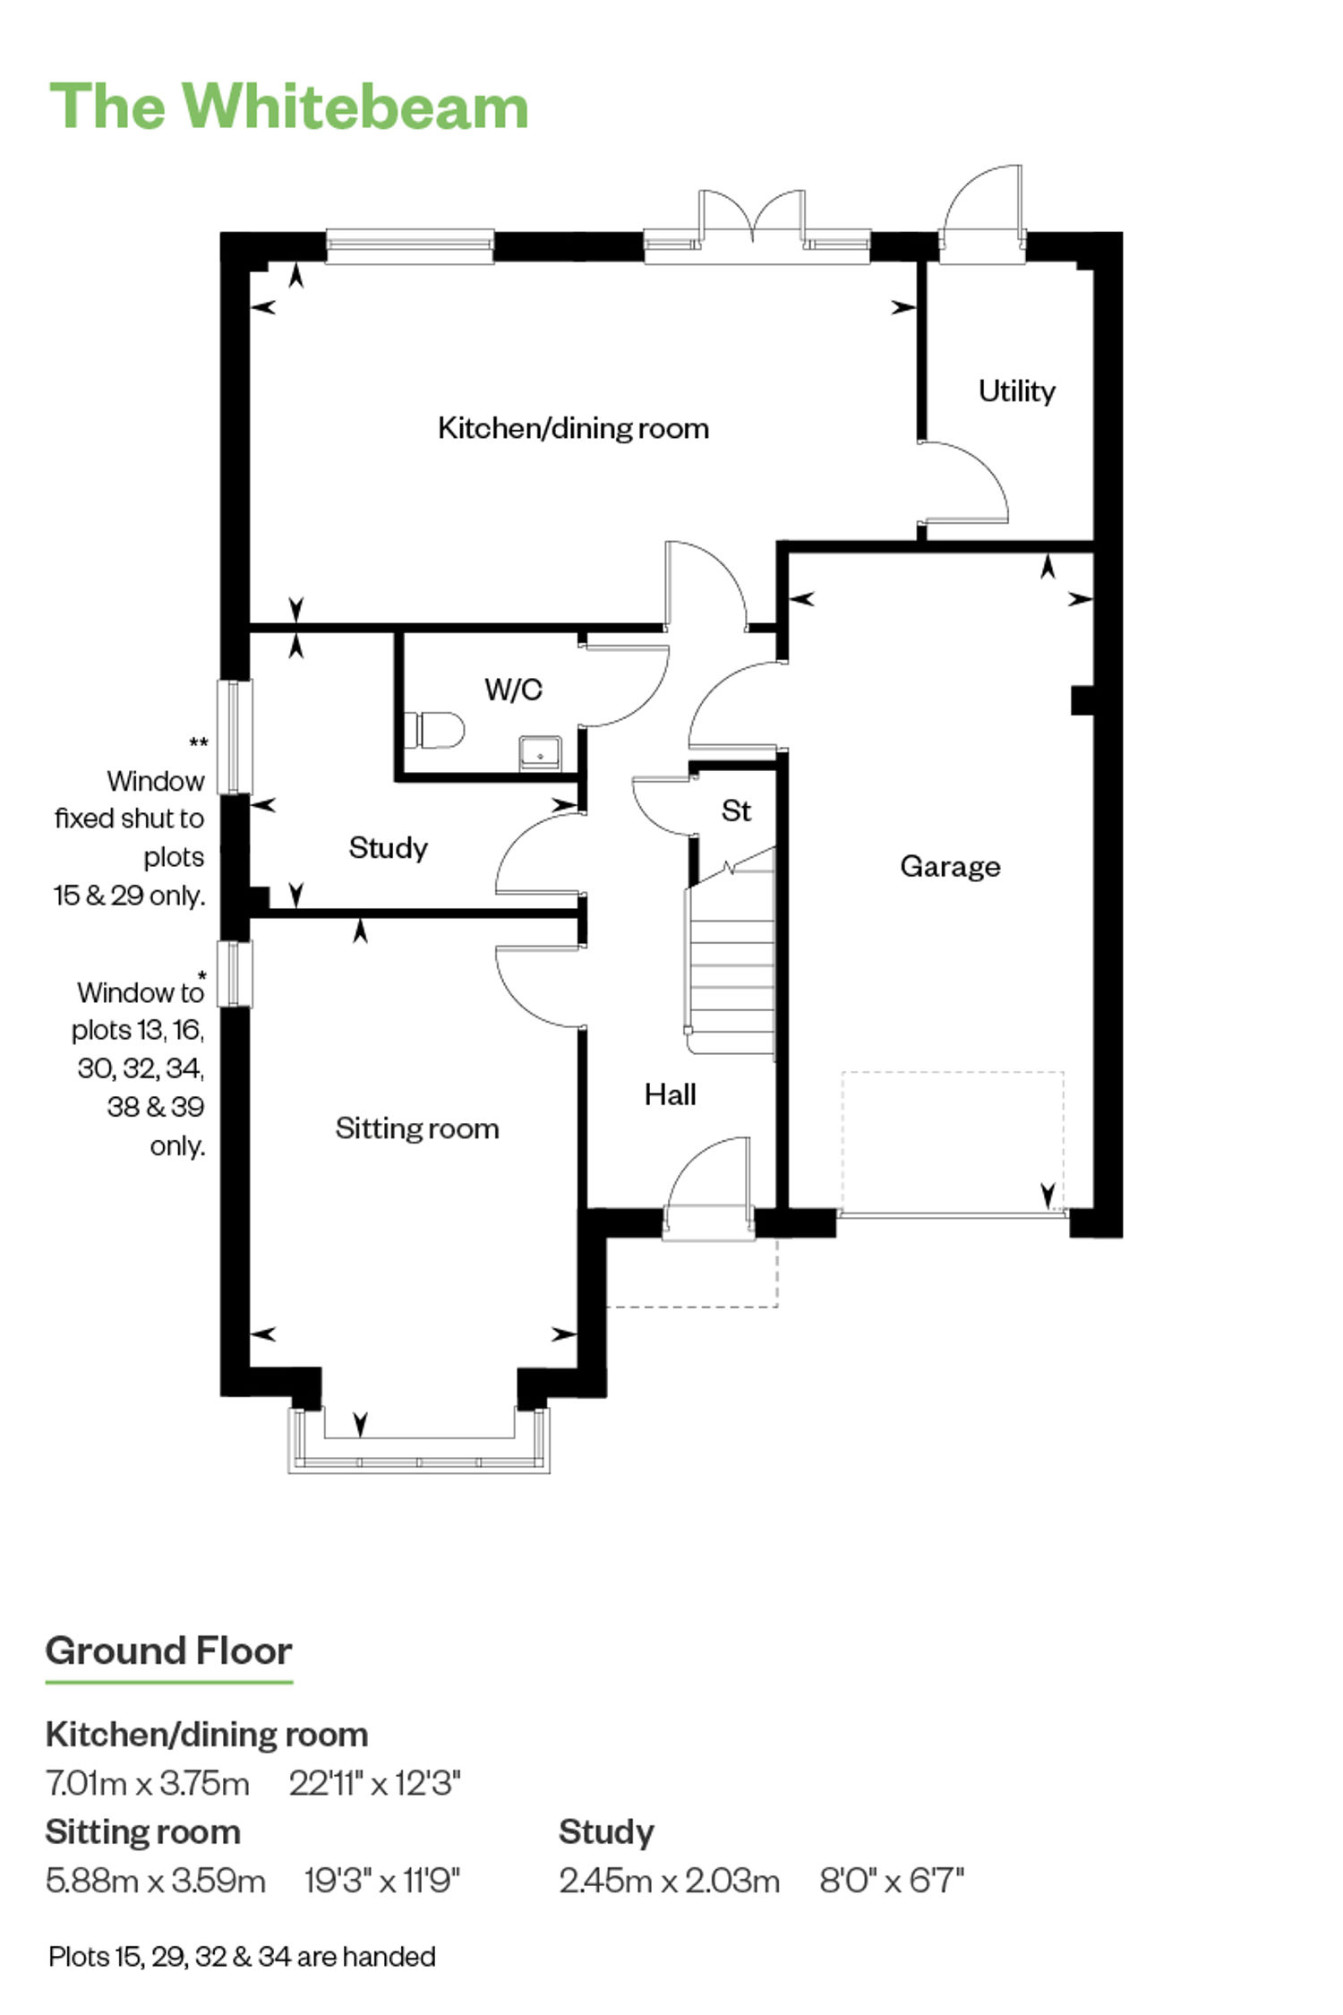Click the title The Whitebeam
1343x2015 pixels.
click(x=288, y=107)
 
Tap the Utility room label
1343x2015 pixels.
click(x=1016, y=391)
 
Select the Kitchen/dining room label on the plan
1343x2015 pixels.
click(x=573, y=428)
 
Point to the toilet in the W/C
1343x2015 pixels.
click(x=435, y=729)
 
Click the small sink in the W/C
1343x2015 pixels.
click(x=540, y=753)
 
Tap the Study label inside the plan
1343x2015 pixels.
click(x=388, y=847)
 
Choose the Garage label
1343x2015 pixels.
click(x=950, y=866)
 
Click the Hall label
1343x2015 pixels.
click(x=670, y=1094)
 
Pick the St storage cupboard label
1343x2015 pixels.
click(x=736, y=810)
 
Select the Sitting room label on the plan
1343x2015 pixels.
click(x=417, y=1128)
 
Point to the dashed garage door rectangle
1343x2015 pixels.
click(x=953, y=1142)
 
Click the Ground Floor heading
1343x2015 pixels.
click(x=168, y=1651)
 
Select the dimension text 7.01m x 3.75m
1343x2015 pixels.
click(x=148, y=1783)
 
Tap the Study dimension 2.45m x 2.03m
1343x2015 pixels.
click(x=669, y=1881)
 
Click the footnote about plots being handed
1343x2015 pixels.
click(x=242, y=1957)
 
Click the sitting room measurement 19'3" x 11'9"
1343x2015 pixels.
click(x=382, y=1881)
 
